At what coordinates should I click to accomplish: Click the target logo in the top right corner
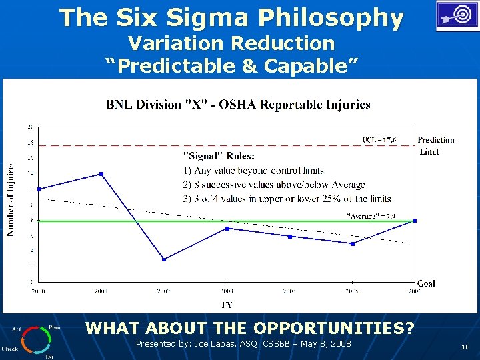click(x=457, y=16)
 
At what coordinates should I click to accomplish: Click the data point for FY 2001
click(x=101, y=174)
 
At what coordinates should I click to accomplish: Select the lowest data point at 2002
click(x=164, y=259)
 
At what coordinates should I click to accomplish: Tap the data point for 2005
click(x=353, y=244)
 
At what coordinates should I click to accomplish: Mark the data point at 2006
click(x=415, y=221)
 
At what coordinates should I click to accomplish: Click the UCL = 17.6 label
click(x=379, y=139)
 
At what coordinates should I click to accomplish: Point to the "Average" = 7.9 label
click(x=371, y=215)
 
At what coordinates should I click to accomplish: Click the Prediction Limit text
click(x=436, y=145)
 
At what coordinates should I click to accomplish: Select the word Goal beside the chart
click(x=426, y=283)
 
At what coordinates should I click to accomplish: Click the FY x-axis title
click(x=227, y=305)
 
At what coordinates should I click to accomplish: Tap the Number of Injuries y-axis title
click(x=11, y=200)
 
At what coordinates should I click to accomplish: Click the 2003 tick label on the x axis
click(x=227, y=291)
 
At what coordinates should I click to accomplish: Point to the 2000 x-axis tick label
click(x=38, y=291)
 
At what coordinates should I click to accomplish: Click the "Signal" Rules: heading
click(x=219, y=156)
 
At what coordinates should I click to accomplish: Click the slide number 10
click(x=465, y=347)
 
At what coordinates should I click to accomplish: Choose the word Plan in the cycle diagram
click(x=54, y=328)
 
